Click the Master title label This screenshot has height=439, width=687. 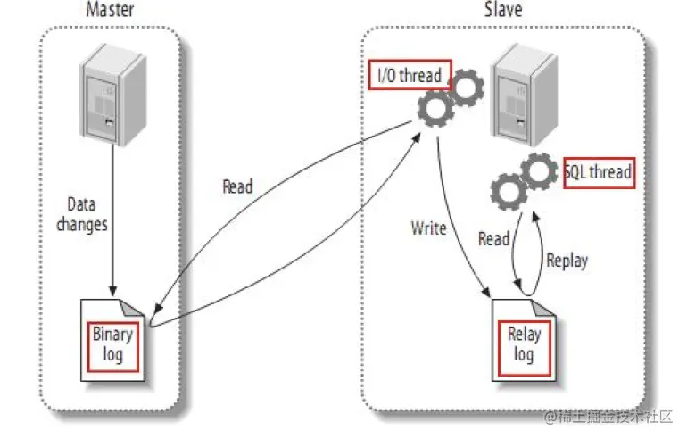[x=110, y=11]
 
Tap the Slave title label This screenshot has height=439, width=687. [x=503, y=11]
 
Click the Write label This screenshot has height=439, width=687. [x=428, y=228]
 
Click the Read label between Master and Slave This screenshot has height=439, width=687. [x=237, y=186]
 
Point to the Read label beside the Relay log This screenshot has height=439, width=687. [x=493, y=238]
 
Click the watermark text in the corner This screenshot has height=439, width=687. [x=606, y=417]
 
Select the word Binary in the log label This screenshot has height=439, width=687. [x=113, y=335]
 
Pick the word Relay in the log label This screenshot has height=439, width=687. [x=524, y=335]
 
